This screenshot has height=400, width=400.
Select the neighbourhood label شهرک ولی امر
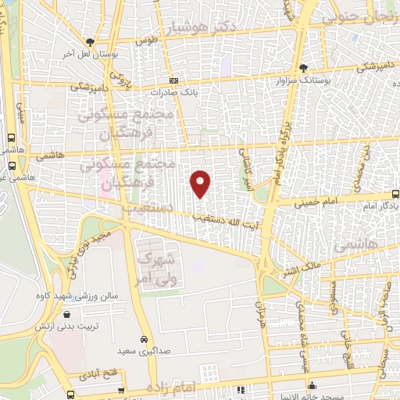(x=156, y=266)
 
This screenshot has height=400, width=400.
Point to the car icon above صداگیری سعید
(x=145, y=340)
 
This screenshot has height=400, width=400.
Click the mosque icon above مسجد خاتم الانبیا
(x=312, y=384)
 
